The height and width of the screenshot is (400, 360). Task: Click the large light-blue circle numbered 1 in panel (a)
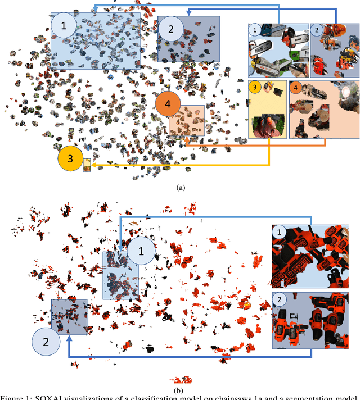click(x=64, y=26)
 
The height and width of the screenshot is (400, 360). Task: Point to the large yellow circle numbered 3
click(x=71, y=159)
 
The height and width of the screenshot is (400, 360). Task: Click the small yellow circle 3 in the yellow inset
click(x=255, y=87)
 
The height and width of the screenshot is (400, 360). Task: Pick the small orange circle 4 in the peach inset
click(x=295, y=87)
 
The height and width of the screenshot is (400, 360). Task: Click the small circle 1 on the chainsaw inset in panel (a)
click(x=256, y=30)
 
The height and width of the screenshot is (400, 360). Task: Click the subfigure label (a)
click(x=181, y=188)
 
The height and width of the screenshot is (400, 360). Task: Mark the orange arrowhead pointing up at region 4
click(x=185, y=138)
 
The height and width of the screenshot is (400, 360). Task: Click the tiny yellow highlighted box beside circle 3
click(x=87, y=165)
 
